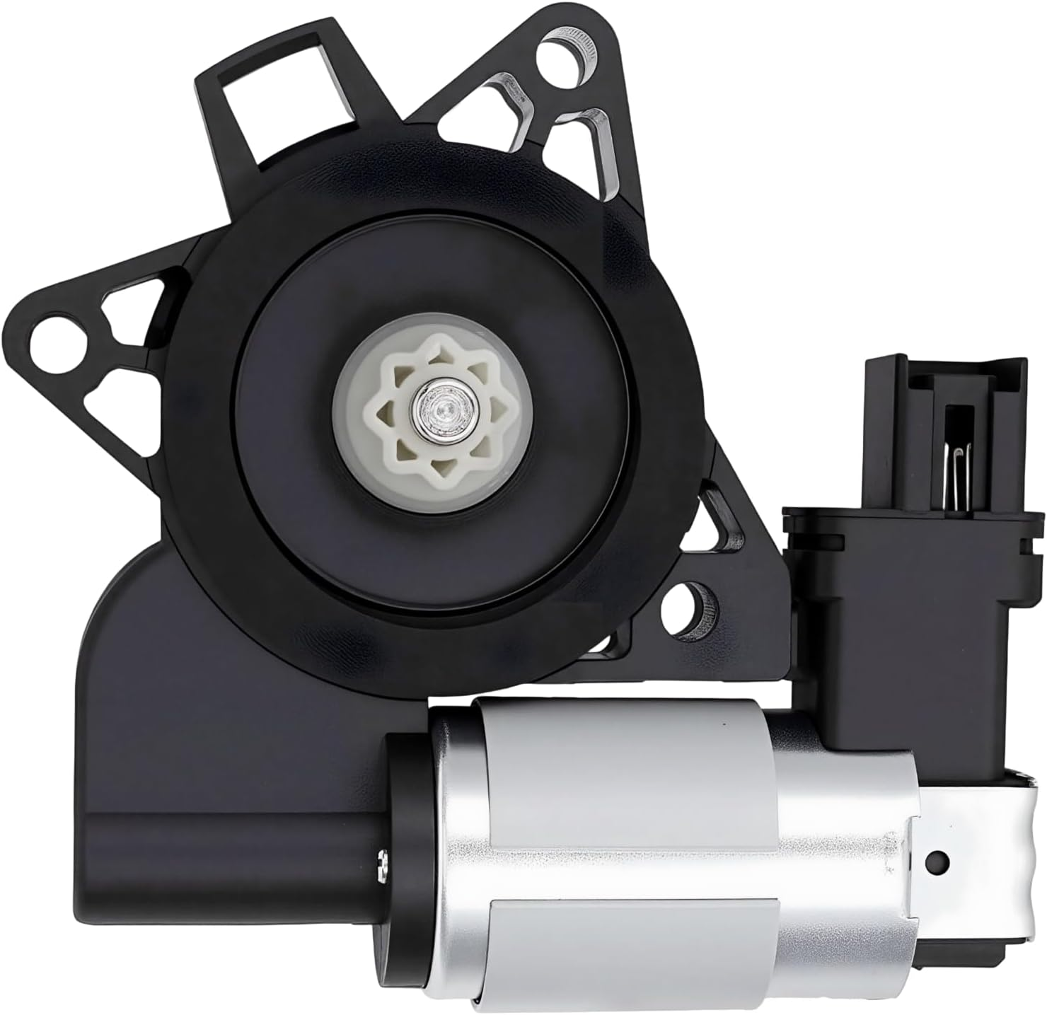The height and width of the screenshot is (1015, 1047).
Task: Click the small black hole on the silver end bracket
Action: click(938, 860)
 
